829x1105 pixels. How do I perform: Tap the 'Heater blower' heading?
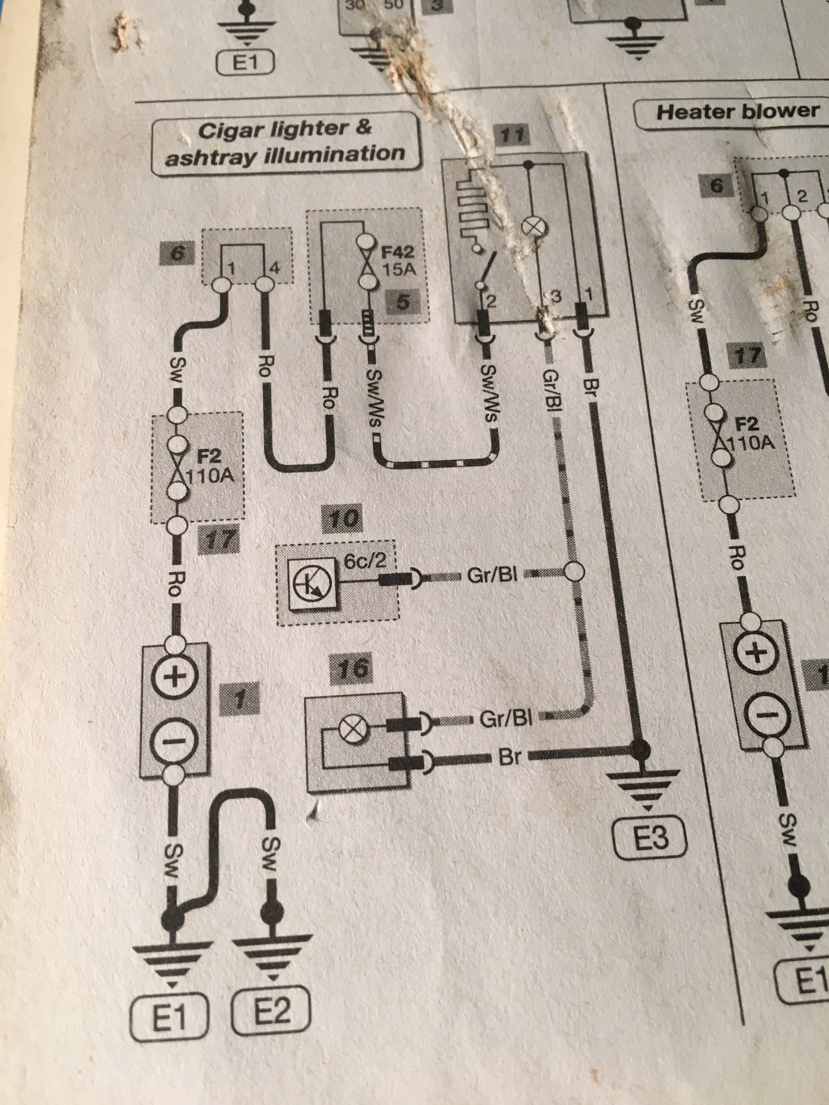tap(737, 111)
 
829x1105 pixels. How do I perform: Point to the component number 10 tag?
tap(344, 520)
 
